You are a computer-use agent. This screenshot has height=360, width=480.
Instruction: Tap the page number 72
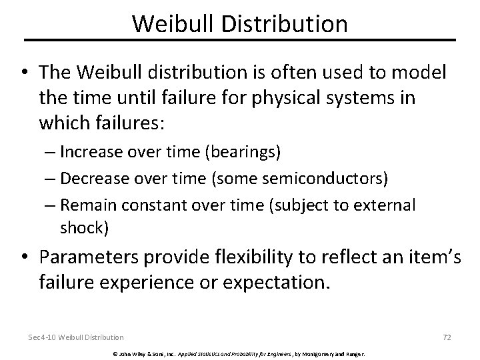point(447,337)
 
